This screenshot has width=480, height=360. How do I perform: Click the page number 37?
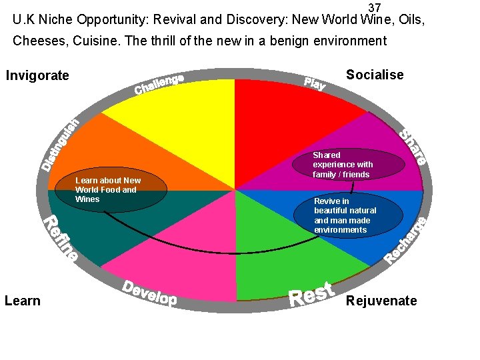pyautogui.click(x=375, y=7)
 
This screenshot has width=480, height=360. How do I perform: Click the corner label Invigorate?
pyautogui.click(x=37, y=75)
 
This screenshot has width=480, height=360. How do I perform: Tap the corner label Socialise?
pyautogui.click(x=375, y=75)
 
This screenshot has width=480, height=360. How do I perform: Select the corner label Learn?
pyautogui.click(x=23, y=301)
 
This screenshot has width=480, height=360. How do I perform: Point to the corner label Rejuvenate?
pyautogui.click(x=381, y=301)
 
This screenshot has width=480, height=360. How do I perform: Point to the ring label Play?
pyautogui.click(x=315, y=83)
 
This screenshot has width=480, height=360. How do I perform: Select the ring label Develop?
pyautogui.click(x=150, y=293)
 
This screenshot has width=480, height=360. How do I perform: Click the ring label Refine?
pyautogui.click(x=61, y=237)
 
